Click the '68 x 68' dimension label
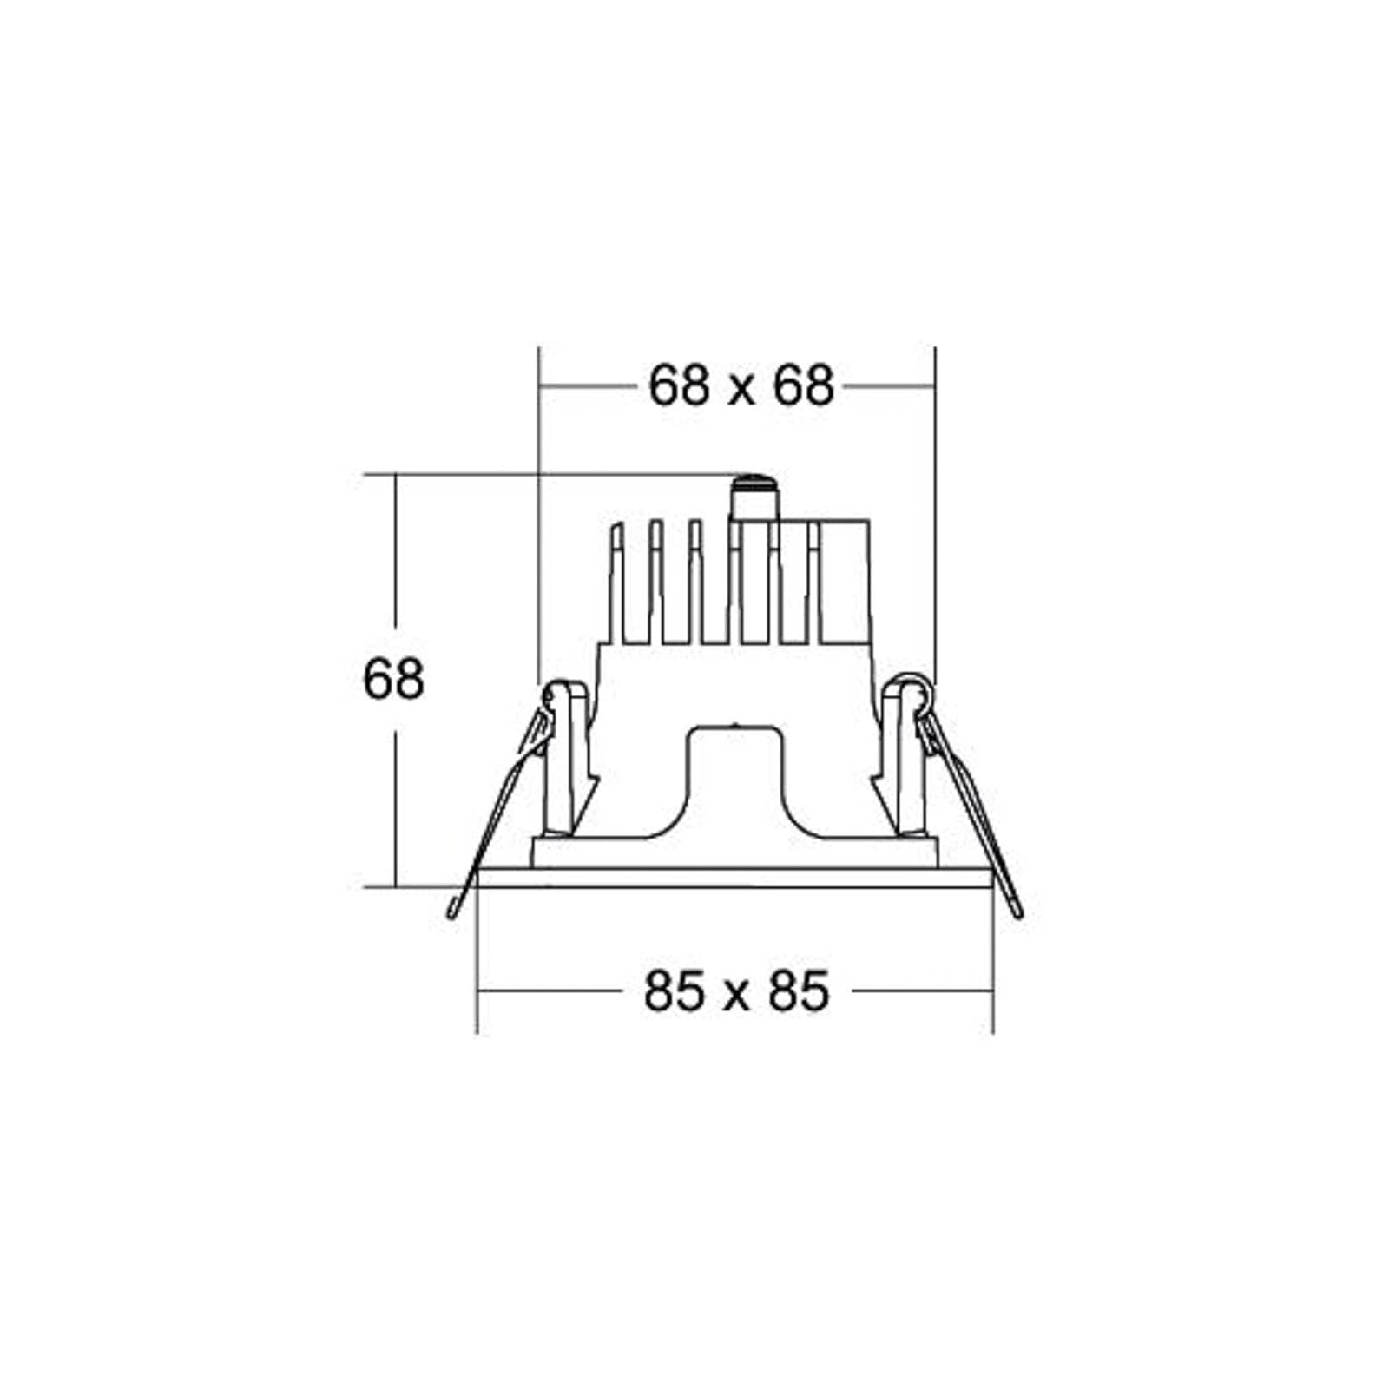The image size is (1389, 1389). point(741,385)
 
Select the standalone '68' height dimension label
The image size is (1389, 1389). point(393,679)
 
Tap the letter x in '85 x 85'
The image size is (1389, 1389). point(736,997)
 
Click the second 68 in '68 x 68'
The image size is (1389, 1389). point(804,385)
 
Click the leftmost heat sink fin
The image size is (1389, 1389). point(617,582)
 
